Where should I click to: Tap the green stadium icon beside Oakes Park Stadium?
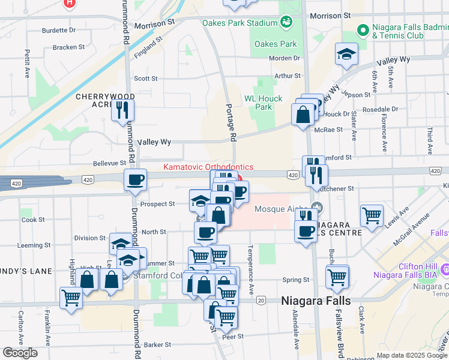tap(286, 23)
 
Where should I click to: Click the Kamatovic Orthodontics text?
tap(208, 167)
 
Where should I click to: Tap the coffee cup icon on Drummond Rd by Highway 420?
tap(135, 179)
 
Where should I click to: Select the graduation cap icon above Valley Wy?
tap(346, 54)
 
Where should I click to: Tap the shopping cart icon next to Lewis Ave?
tap(372, 215)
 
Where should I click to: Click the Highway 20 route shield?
tap(261, 300)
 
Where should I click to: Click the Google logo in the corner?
tap(20, 352)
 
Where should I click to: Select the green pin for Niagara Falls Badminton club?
tap(363, 29)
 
